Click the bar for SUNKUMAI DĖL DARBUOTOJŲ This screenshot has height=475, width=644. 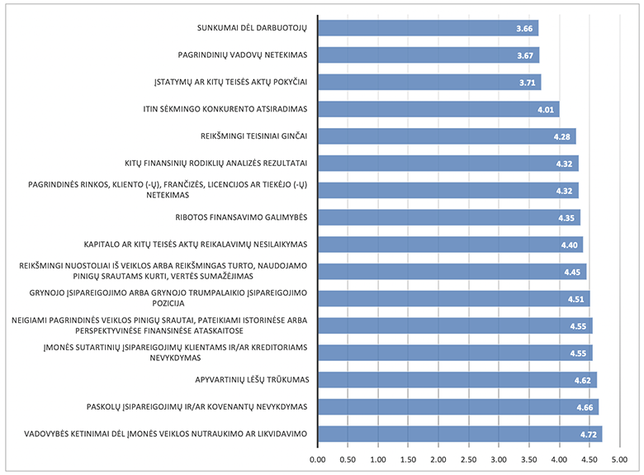coord(428,29)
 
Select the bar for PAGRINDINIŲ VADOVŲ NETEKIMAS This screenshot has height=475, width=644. coord(428,55)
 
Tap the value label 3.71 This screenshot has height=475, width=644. coord(528,83)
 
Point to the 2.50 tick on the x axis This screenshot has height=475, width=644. coord(468,458)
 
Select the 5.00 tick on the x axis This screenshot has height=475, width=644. coord(619,458)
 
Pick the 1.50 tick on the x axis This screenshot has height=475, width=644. coord(408,458)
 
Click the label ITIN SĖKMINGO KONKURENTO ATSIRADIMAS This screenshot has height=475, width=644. coord(225,109)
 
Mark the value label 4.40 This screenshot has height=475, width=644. coord(571,245)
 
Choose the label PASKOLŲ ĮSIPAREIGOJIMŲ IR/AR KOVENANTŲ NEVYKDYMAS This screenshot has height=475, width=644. coord(197,406)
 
